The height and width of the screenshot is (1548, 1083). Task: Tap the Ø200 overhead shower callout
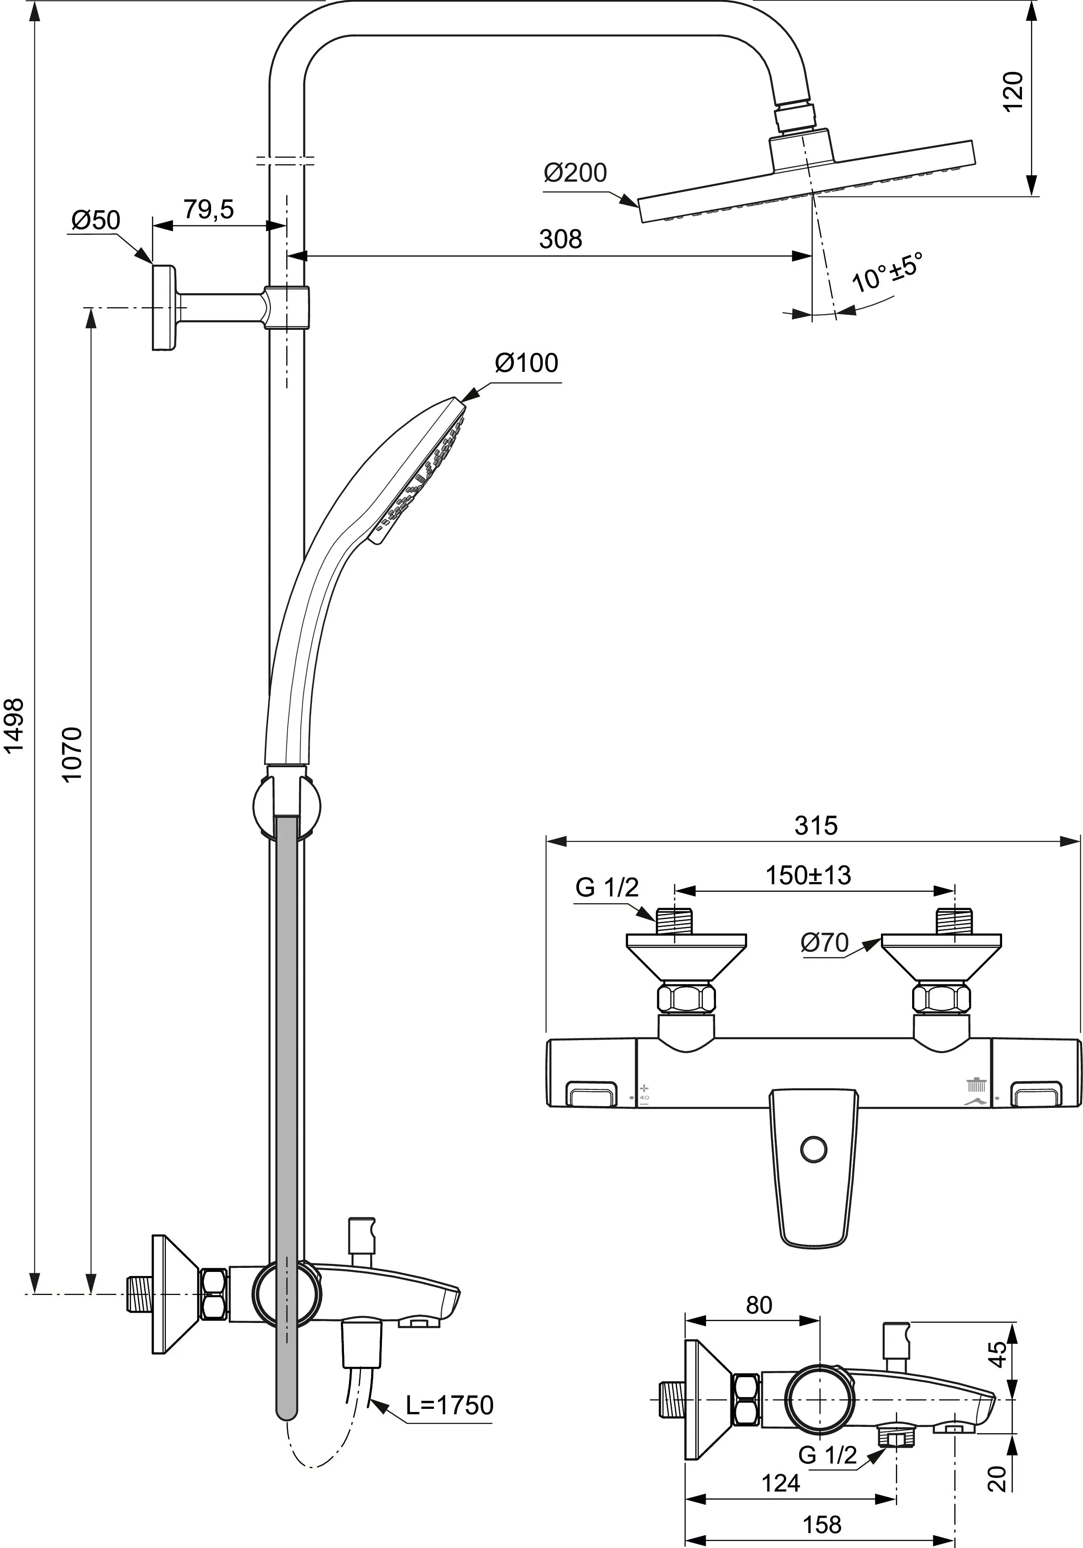click(575, 173)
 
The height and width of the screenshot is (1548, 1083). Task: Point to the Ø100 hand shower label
click(527, 363)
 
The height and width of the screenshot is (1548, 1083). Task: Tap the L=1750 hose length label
click(450, 1404)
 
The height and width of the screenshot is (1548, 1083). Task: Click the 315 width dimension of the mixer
click(815, 825)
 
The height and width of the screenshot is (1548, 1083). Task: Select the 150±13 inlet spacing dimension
click(808, 875)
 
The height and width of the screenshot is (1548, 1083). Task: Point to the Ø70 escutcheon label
click(824, 943)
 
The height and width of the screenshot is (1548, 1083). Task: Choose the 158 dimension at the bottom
click(822, 1525)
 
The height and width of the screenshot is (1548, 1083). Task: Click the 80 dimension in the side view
click(758, 1305)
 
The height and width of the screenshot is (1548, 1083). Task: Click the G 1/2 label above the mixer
click(606, 887)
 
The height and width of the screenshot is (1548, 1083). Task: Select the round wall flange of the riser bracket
click(164, 307)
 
